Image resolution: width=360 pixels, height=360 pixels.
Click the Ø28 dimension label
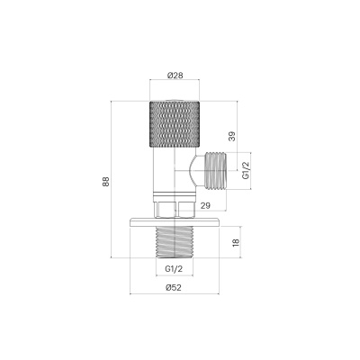(x=175, y=76)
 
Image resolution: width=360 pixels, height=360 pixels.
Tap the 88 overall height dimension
(x=106, y=182)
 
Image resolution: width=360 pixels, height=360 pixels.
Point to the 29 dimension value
(x=205, y=206)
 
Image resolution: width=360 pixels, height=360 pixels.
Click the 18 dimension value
(x=236, y=242)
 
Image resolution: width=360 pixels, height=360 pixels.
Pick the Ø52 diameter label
(x=174, y=288)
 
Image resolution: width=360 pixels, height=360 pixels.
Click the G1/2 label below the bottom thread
(x=174, y=269)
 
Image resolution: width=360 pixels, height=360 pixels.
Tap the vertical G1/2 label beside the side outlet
(x=246, y=170)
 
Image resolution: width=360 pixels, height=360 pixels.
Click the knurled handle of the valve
(x=175, y=124)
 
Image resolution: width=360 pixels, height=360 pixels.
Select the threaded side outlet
(x=215, y=171)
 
